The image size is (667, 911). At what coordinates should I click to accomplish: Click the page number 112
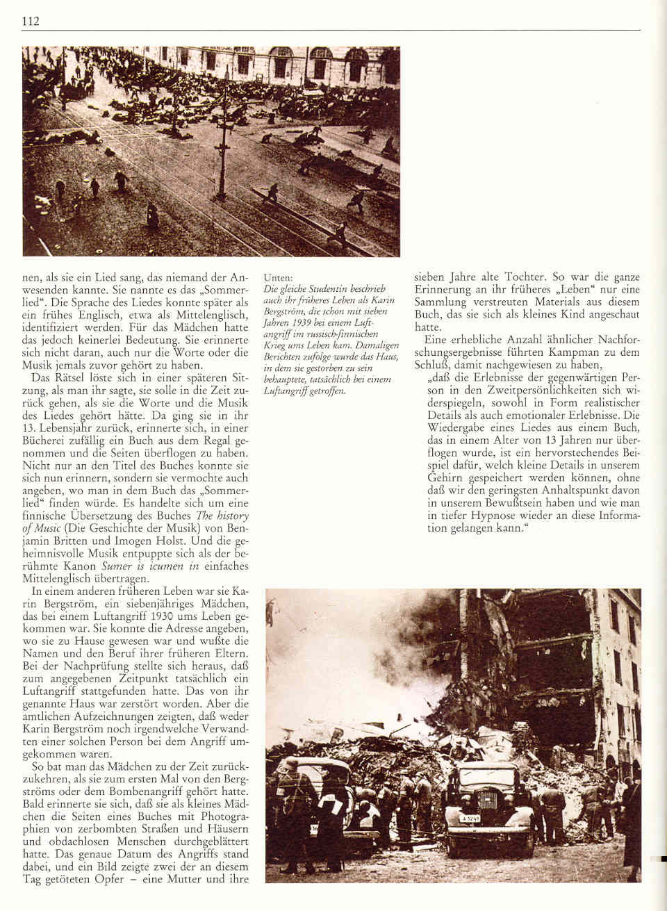[30, 22]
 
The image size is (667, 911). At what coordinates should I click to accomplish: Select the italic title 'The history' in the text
[224, 516]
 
